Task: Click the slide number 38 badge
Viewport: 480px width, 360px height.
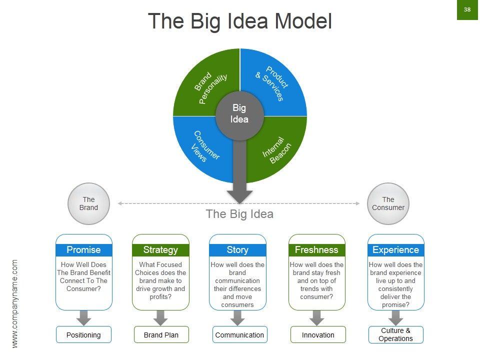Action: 467,10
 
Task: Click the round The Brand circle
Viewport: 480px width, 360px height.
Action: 88,203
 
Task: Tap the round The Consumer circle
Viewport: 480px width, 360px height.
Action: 388,203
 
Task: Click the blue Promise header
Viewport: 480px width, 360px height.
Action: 83,249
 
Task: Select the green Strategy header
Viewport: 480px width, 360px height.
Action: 160,249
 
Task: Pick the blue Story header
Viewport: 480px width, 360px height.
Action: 237,249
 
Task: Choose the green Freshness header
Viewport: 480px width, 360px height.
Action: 316,249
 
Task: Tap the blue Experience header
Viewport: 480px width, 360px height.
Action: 395,249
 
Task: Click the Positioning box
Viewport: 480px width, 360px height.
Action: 83,335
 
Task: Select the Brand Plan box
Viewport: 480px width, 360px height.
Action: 160,335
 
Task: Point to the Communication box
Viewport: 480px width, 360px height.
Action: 239,335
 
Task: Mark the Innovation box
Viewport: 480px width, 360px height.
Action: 318,335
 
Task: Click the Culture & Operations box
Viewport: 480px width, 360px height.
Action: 395,334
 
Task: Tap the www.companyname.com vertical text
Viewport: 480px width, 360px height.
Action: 15,303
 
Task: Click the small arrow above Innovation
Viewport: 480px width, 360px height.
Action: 316,317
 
